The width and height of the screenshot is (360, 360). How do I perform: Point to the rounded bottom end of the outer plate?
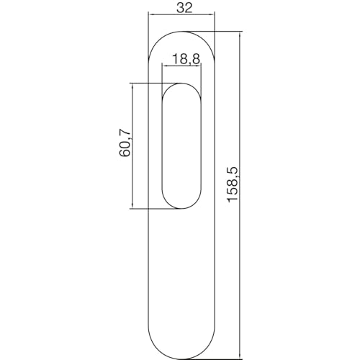tap(181, 356)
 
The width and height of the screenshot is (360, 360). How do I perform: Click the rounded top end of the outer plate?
tap(181, 31)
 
